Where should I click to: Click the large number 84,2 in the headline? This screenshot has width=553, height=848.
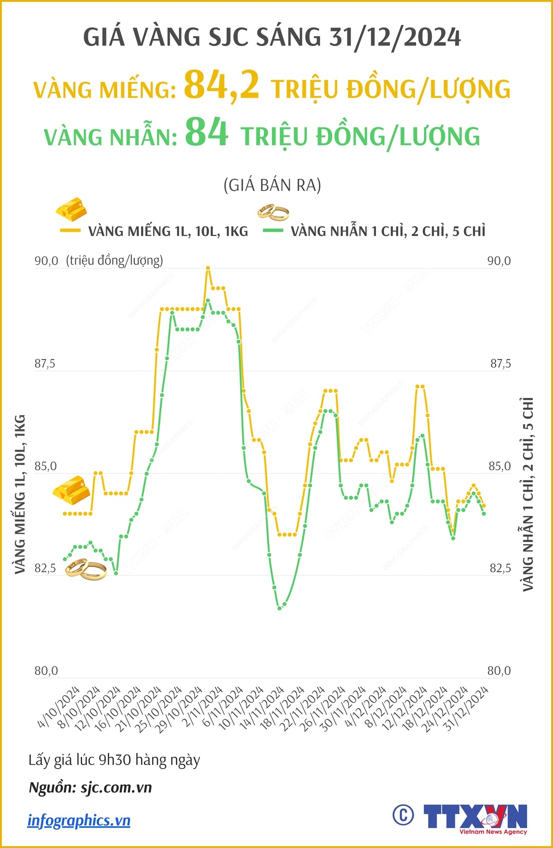(x=221, y=85)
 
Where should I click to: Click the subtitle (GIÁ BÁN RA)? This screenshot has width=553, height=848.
(x=272, y=185)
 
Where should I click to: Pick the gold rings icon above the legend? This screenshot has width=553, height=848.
(x=273, y=213)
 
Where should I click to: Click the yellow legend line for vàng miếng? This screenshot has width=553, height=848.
(x=70, y=230)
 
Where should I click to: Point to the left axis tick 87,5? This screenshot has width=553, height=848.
(x=45, y=364)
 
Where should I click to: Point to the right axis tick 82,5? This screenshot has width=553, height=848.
(x=500, y=568)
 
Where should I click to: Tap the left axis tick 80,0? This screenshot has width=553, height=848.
(x=46, y=671)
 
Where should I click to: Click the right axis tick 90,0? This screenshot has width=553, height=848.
(x=499, y=261)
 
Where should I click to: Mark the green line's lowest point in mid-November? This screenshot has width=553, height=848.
(x=279, y=608)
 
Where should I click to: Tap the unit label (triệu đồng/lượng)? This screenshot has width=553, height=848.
(x=115, y=261)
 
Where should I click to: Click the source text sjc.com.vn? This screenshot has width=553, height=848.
(x=117, y=787)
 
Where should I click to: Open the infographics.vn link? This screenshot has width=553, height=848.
(x=79, y=820)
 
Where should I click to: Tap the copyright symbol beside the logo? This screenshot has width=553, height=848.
(x=403, y=815)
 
